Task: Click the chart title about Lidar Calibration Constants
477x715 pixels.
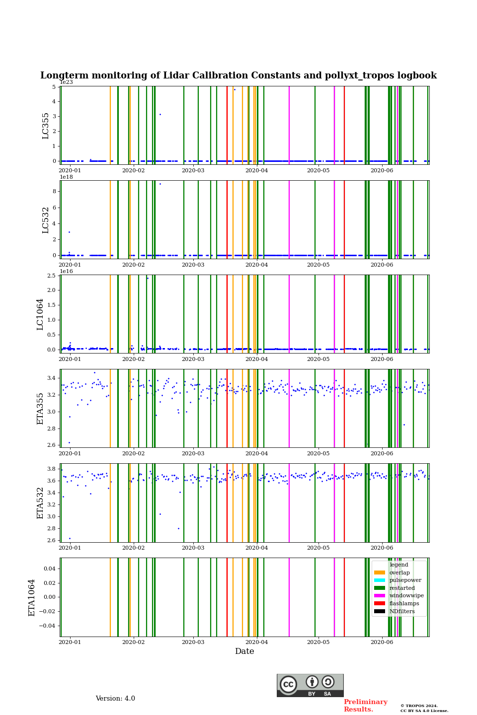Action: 238,75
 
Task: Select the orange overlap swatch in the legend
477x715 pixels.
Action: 380,572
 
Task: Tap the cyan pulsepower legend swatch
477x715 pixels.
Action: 380,580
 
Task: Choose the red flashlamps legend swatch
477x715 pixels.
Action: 380,603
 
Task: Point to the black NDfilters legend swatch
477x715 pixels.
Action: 380,611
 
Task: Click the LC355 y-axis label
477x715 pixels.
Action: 46,126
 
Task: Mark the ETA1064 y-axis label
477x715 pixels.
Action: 32,597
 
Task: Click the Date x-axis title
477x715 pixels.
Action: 244,651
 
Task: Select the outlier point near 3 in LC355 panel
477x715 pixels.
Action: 160,114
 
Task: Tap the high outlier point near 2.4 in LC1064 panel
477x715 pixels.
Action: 148,278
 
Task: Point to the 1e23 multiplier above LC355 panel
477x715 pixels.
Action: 66,82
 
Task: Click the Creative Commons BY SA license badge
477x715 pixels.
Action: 310,685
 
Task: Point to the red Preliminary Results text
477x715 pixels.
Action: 365,706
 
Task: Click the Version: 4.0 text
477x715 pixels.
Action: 115,699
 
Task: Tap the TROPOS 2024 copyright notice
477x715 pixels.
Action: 424,708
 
